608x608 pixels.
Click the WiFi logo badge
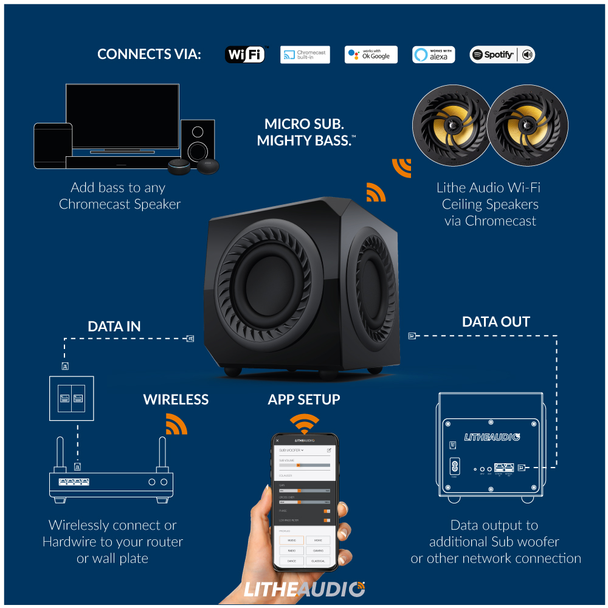pyautogui.click(x=246, y=55)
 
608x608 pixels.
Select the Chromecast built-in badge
pyautogui.click(x=305, y=55)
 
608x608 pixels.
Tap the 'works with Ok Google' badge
pyautogui.click(x=371, y=55)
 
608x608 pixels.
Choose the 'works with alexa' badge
pyautogui.click(x=434, y=55)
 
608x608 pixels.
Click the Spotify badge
pyautogui.click(x=502, y=55)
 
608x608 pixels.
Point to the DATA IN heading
pyautogui.click(x=114, y=326)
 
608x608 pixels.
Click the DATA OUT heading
pyautogui.click(x=496, y=322)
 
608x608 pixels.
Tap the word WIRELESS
pyautogui.click(x=176, y=399)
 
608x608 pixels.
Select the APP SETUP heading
pyautogui.click(x=304, y=399)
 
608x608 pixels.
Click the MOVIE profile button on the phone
pyautogui.click(x=318, y=540)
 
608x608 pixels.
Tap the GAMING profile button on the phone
pyautogui.click(x=318, y=550)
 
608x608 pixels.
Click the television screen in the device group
pyautogui.click(x=122, y=116)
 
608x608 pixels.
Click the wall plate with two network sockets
pyautogui.click(x=72, y=398)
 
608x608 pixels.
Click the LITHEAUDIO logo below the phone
pyautogui.click(x=304, y=589)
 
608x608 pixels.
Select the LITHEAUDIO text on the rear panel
pyautogui.click(x=491, y=437)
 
